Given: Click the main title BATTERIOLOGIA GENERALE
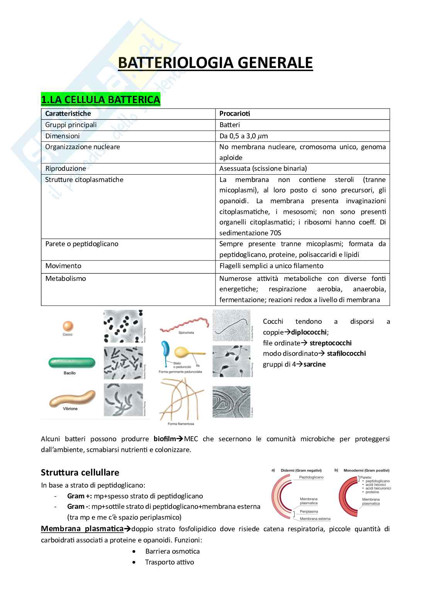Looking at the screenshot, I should pyautogui.click(x=215, y=63).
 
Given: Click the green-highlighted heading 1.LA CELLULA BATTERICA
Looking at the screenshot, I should pyautogui.click(x=100, y=100).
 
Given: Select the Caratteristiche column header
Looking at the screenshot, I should pyautogui.click(x=68, y=114).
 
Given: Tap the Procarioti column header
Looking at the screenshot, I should pyautogui.click(x=234, y=114).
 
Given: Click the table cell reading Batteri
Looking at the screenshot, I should pyautogui.click(x=229, y=125).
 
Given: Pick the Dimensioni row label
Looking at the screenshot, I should pyautogui.click(x=62, y=136).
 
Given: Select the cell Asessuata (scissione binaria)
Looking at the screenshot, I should pyautogui.click(x=263, y=168).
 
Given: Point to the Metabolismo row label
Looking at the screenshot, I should pyautogui.click(x=65, y=279).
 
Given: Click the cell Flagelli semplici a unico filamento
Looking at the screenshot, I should pyautogui.click(x=271, y=266).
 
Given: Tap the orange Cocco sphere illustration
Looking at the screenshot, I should pyautogui.click(x=68, y=326).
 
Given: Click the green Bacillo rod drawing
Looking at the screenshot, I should pyautogui.click(x=71, y=363).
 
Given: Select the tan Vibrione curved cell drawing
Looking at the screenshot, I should pyautogui.click(x=72, y=399).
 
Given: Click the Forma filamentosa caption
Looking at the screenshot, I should pyautogui.click(x=181, y=424).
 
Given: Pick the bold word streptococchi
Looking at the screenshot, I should pyautogui.click(x=330, y=343).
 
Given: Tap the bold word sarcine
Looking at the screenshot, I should pyautogui.click(x=314, y=364).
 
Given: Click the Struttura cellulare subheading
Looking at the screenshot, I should pyautogui.click(x=80, y=472).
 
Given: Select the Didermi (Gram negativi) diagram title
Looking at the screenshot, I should pyautogui.click(x=301, y=470).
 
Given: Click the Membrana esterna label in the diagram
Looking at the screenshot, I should pyautogui.click(x=315, y=519).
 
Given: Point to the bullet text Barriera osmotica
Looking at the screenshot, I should pyautogui.click(x=172, y=551).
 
